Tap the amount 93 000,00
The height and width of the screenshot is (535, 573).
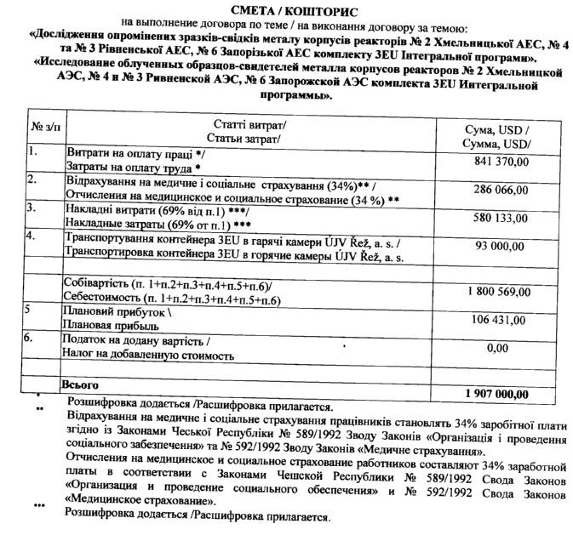click(502, 247)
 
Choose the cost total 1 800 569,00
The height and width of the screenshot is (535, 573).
click(496, 292)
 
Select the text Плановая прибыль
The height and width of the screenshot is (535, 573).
click(112, 327)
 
